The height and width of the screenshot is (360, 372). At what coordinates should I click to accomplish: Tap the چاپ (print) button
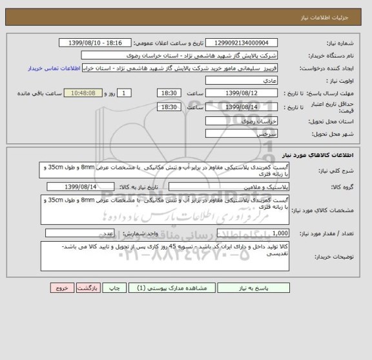pyautogui.click(x=112, y=307)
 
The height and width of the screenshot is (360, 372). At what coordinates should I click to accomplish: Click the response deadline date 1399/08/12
pyautogui.click(x=241, y=93)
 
